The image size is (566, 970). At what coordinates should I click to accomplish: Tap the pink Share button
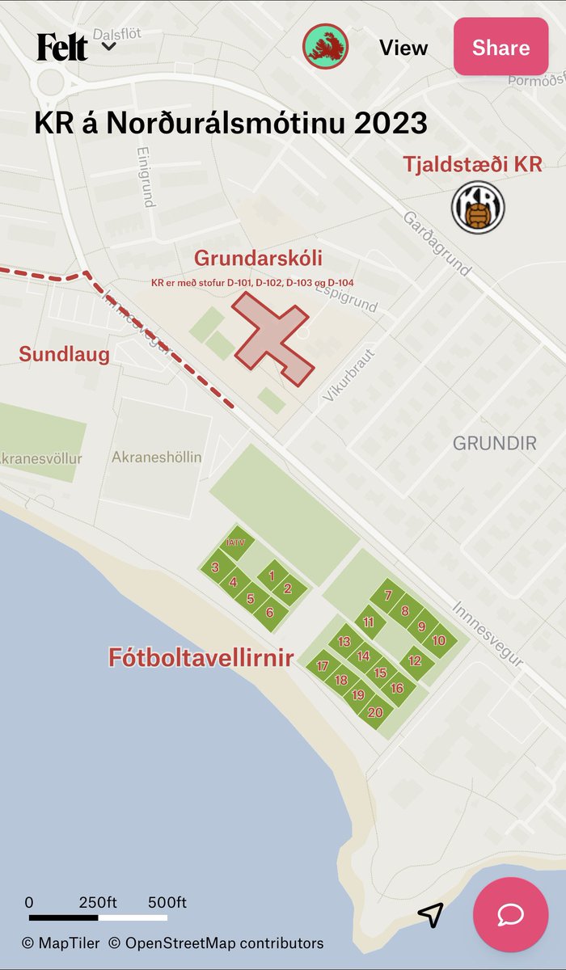(x=501, y=47)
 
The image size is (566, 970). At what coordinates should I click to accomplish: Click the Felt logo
(x=62, y=47)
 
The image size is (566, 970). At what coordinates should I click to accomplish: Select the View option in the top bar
(x=403, y=48)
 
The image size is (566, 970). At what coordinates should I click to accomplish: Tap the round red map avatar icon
(x=325, y=46)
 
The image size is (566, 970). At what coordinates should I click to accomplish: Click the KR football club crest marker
(x=478, y=207)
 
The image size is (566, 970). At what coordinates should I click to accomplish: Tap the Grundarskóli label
(x=258, y=259)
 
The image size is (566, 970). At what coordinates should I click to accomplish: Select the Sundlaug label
(x=64, y=354)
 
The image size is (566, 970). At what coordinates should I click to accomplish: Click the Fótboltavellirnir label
(x=201, y=657)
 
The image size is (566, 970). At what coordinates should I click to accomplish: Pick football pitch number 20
(x=375, y=712)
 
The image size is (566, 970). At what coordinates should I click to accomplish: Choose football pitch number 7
(x=388, y=596)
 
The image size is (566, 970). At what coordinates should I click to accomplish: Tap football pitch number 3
(x=215, y=567)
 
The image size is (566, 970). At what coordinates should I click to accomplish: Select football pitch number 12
(x=415, y=660)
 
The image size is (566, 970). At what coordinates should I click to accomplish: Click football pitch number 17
(x=323, y=666)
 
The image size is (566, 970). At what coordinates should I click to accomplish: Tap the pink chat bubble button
(x=511, y=915)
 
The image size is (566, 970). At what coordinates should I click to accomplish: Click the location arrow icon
(x=430, y=915)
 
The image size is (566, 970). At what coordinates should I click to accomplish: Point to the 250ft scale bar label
(x=99, y=902)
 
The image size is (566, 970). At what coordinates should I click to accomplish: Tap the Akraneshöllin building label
(x=157, y=457)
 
